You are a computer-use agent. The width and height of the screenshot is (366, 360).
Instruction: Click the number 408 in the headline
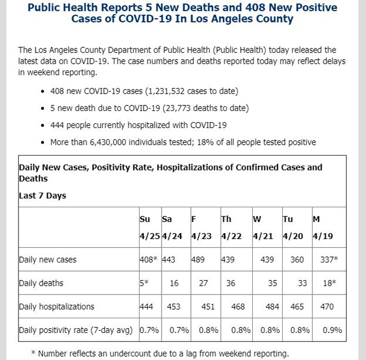tap(256, 7)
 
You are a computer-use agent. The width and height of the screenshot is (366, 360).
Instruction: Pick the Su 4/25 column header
tap(150, 228)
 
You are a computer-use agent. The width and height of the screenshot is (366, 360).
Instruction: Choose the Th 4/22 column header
tap(231, 228)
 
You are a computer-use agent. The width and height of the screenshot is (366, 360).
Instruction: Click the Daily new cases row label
tap(48, 260)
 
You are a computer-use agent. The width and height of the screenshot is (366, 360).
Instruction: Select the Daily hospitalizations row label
tap(56, 306)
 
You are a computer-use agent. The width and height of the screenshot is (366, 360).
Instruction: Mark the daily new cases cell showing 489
tap(198, 260)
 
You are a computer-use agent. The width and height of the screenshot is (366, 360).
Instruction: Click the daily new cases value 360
tap(297, 260)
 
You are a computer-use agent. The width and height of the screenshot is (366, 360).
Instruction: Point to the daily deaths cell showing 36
tap(231, 283)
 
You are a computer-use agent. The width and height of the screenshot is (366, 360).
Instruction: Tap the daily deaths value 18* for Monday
tap(329, 283)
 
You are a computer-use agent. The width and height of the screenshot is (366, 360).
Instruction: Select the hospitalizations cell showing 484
tap(273, 306)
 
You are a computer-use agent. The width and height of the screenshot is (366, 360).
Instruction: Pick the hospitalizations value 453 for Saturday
tap(173, 306)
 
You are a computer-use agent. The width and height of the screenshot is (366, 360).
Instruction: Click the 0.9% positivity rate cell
tap(332, 330)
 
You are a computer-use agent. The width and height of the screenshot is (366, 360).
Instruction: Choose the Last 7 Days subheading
tap(42, 195)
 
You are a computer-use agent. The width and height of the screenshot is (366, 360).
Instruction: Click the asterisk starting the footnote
tap(33, 352)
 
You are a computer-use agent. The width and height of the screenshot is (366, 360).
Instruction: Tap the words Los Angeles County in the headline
tap(242, 19)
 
